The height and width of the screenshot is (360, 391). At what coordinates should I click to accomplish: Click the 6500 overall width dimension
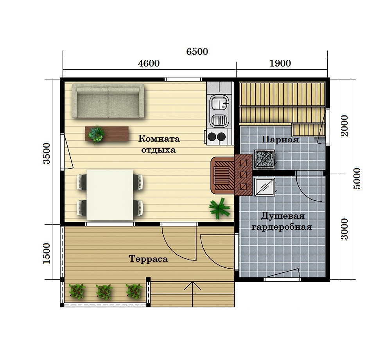coord(197,51)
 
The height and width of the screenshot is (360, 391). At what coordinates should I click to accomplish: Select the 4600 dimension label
coord(149,63)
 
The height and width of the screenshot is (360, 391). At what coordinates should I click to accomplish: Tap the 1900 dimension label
coord(280,63)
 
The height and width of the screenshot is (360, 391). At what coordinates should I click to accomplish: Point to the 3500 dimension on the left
coord(47,153)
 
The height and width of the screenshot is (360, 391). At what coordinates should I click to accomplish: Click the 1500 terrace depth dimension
coord(47,253)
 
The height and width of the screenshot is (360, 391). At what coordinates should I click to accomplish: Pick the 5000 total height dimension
coord(357,178)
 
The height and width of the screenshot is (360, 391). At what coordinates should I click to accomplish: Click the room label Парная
coord(280,139)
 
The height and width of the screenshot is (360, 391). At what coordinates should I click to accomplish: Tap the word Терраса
coord(148,259)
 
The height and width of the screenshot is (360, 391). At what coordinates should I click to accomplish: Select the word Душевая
coord(283,216)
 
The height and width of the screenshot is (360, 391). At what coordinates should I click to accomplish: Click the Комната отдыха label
coord(159,144)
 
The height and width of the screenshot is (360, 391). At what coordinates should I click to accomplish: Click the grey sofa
coord(108,101)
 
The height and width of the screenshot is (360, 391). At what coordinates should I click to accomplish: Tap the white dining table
coord(110,195)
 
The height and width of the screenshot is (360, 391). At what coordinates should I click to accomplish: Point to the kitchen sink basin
coord(219,103)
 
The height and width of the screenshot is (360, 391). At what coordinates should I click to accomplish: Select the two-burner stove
coord(217,137)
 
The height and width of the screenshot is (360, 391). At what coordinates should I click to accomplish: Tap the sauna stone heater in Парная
coord(265,159)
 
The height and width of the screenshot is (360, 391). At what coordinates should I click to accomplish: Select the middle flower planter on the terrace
coord(104,292)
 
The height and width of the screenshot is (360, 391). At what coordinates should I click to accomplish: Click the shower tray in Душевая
coord(265,187)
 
